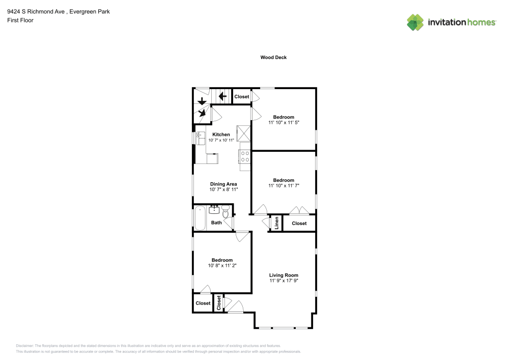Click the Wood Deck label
point(273,58)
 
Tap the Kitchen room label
point(221,134)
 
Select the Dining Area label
point(223,184)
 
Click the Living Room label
point(284,275)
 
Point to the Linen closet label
point(276,223)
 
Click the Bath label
point(216,223)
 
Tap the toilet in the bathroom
point(225,212)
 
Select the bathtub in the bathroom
point(200,218)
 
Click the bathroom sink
point(214,209)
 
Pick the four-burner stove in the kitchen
point(245,156)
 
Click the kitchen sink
point(201,138)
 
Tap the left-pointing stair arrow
point(223,96)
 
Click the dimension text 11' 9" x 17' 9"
point(284,281)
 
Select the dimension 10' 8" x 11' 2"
point(222,265)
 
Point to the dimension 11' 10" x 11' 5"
point(284,123)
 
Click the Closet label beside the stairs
point(241,97)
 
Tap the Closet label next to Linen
point(299,224)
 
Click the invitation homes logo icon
point(415,22)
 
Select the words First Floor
point(20,20)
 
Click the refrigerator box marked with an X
point(243,133)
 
